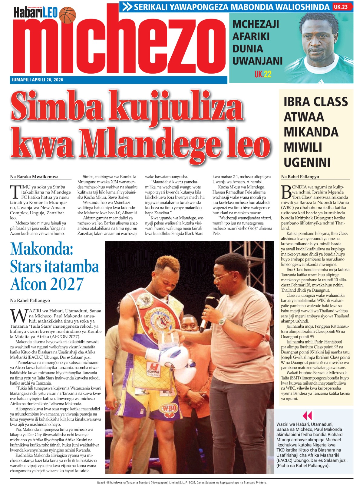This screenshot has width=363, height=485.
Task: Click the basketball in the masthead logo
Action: point(67,15)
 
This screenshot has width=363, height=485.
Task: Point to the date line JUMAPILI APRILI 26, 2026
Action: point(37,80)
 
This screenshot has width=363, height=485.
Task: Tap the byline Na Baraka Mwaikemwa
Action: point(34,177)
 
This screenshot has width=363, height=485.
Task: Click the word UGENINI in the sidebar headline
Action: point(307,162)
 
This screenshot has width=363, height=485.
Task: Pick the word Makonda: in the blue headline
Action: point(41,249)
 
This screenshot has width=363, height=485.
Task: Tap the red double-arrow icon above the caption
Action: point(307,416)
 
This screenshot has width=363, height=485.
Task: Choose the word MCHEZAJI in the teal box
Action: point(256,24)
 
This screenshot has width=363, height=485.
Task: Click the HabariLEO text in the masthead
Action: point(35,13)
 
